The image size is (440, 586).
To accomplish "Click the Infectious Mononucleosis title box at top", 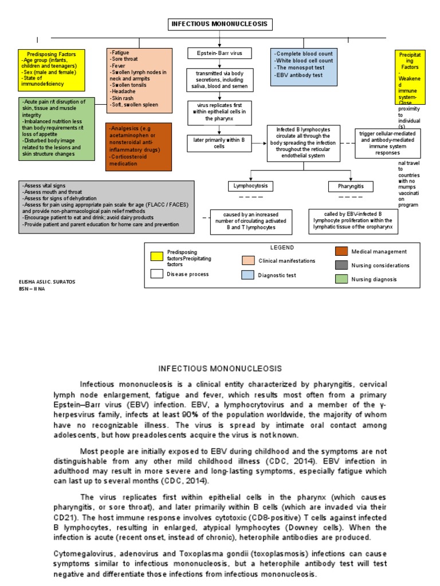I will tap(220, 24).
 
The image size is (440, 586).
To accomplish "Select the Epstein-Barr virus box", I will tap(220, 53).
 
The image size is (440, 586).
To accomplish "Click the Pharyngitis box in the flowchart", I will tap(351, 186).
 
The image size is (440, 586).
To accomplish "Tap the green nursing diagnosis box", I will tap(48, 129).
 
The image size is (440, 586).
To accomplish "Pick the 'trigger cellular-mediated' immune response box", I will tap(387, 142).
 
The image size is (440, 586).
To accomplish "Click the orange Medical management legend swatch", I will tap(341, 252).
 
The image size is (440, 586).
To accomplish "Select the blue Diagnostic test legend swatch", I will tap(248, 275).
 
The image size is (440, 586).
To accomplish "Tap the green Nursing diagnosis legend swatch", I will tap(341, 279).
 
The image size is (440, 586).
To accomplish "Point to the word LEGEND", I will tap(282, 247).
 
